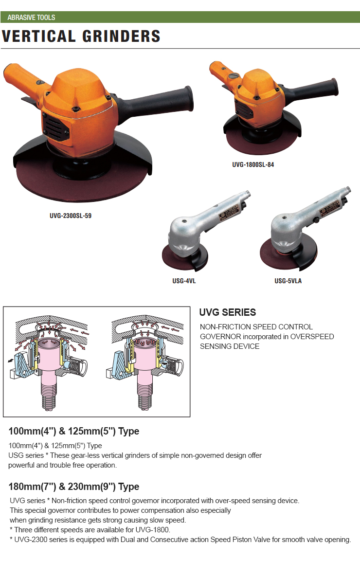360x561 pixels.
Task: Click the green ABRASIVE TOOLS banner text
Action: click(31, 17)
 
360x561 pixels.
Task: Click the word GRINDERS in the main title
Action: click(121, 36)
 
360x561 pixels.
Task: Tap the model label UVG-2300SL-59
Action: click(71, 216)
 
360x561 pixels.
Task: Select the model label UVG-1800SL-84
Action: click(253, 164)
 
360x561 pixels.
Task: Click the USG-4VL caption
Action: click(184, 281)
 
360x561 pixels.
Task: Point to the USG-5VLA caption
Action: click(288, 281)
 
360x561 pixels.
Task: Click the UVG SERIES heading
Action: click(228, 312)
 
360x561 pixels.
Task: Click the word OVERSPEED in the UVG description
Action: click(312, 337)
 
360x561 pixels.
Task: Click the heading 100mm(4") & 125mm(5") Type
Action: click(74, 431)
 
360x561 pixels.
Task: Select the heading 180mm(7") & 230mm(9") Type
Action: click(74, 487)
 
